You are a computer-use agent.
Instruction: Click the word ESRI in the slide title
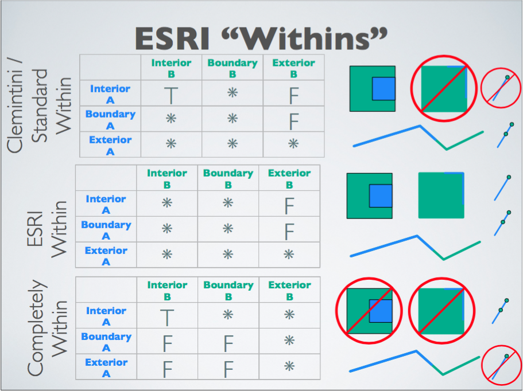point(172,38)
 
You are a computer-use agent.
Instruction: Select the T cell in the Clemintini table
point(171,95)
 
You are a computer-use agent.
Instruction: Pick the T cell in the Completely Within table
point(166,318)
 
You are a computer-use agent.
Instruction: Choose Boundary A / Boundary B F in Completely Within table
point(228,343)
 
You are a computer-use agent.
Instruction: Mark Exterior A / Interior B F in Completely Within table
point(167,369)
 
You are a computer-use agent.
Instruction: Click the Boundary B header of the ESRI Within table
point(228,179)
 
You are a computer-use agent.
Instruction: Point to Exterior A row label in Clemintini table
point(110,146)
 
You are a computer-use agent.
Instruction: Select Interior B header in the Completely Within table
point(167,291)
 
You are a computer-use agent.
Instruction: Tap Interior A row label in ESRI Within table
point(106,205)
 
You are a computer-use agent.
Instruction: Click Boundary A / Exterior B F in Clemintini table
point(293,121)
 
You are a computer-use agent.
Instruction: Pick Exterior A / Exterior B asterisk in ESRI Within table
point(289,255)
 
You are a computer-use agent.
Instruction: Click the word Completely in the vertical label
point(36,328)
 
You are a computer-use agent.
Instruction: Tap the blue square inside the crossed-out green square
point(381,311)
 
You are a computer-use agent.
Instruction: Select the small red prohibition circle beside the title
point(501,88)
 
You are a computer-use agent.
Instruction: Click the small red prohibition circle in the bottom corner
point(501,365)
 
